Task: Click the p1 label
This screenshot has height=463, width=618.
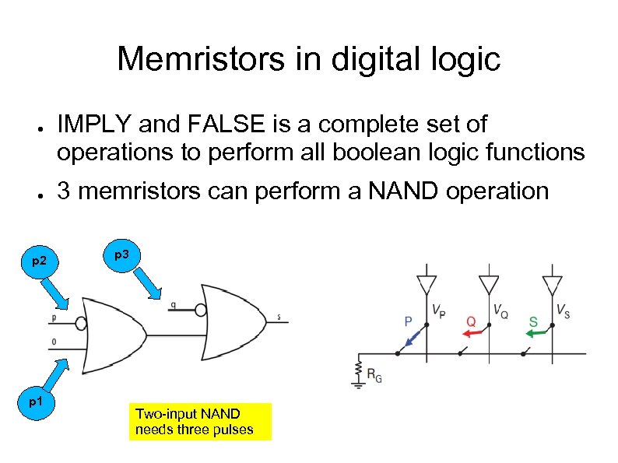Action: [x=36, y=402]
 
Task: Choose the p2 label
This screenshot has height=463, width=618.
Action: [x=40, y=263]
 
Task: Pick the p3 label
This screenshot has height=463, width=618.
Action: [x=121, y=255]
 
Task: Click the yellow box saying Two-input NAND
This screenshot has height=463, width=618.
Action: [x=200, y=421]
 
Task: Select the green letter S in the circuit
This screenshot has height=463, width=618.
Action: [x=533, y=321]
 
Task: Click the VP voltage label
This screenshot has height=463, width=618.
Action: [x=438, y=309]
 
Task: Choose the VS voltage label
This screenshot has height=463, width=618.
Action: [x=563, y=309]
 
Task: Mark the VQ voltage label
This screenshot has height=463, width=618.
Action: [x=500, y=310]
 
